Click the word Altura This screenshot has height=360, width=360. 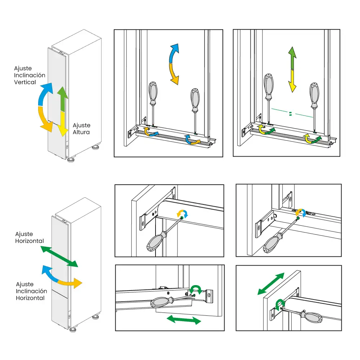coord(81,132)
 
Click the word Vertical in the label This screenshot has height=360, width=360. coord(25,82)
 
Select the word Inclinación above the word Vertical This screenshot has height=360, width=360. coord(30,75)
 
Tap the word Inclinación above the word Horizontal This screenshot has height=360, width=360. coord(31,291)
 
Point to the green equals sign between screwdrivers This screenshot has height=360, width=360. coord(290,114)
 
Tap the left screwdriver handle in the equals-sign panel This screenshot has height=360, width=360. coord(269,86)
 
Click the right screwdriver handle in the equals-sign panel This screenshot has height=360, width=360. coord(314,95)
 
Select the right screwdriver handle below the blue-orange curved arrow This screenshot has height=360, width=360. coord(195,100)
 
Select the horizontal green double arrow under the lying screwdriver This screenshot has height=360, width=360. coord(183,319)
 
